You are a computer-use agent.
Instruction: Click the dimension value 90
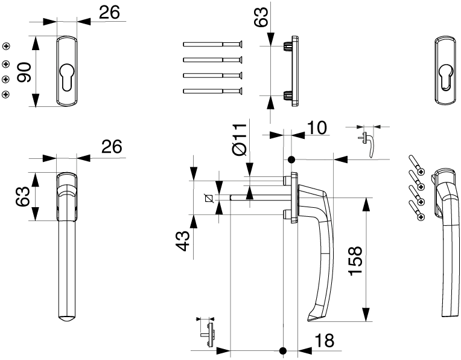[24, 71]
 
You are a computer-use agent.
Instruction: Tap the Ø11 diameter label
[240, 140]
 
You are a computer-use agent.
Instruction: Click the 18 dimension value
[324, 341]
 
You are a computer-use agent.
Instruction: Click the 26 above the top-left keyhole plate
[109, 13]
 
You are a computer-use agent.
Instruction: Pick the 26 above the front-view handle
[111, 147]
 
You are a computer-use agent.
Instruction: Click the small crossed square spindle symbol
[209, 198]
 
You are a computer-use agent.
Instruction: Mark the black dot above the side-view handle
[291, 160]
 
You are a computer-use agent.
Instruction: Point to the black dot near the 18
[282, 350]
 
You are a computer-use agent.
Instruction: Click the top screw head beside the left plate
[7, 47]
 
